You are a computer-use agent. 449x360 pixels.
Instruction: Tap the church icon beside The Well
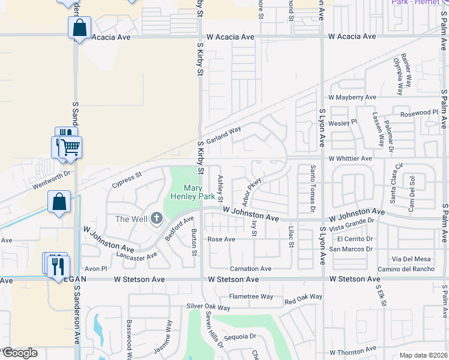pos(157,218)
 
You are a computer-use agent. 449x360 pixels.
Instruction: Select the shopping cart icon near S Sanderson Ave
pos(71,148)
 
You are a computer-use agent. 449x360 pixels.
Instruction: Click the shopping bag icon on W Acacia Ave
pos(79,28)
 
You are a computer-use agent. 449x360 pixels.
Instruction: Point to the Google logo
pos(19,353)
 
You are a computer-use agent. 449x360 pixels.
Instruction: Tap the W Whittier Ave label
pos(350,158)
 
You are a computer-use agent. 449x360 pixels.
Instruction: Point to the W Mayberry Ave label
pos(352,97)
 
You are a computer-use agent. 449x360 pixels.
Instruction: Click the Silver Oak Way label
pos(208,307)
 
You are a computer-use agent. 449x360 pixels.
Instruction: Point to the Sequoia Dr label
pos(240,337)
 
